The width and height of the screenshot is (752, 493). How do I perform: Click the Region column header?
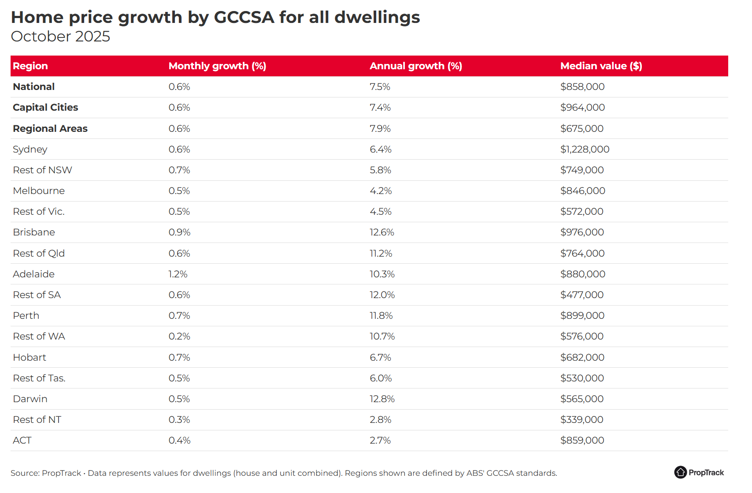coord(30,66)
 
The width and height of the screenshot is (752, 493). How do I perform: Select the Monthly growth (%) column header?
coord(217,66)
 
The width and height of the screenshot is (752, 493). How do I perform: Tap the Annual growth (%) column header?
coord(415,66)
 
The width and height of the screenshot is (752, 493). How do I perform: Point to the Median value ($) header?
coord(601,66)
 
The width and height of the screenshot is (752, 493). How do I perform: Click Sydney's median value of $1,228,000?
coord(585,149)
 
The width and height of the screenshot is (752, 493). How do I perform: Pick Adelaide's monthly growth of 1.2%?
coord(178,274)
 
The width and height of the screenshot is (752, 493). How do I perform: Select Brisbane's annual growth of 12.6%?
coord(382,232)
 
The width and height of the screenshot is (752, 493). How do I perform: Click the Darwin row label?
coord(30,399)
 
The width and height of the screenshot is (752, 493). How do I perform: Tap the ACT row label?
coord(22,441)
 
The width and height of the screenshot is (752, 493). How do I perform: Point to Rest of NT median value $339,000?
coord(582,420)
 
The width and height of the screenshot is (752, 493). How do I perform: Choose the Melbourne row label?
coord(39,191)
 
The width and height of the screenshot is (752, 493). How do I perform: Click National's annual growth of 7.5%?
coord(380,87)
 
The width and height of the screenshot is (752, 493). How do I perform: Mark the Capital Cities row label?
coord(45,108)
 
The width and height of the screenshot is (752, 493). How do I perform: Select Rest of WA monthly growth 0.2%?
coord(179,336)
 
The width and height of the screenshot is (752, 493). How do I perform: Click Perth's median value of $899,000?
coord(582,316)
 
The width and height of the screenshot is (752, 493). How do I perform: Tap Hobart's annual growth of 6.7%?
coord(380,358)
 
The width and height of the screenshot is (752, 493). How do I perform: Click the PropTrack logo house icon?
coord(680,472)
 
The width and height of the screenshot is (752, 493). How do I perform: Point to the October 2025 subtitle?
coord(60,37)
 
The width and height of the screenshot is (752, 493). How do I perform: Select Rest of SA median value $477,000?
coord(582,295)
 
